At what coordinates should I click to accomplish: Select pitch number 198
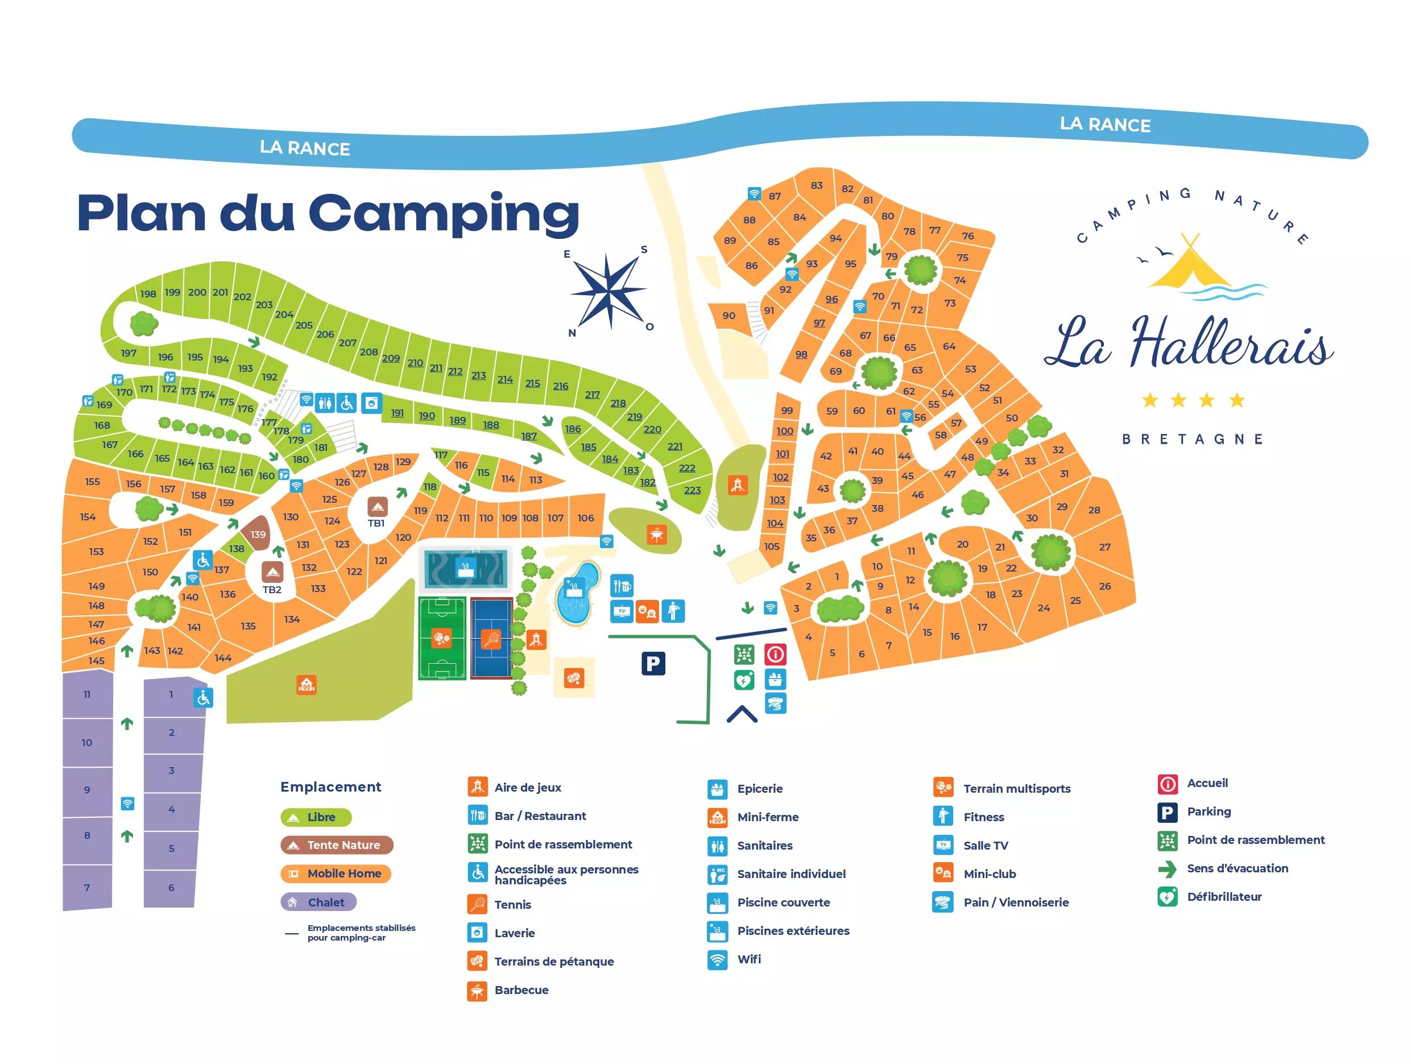tap(148, 294)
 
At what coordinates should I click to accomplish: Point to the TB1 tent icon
tap(377, 507)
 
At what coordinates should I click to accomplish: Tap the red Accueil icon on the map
tap(776, 655)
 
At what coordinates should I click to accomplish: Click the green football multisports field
tap(442, 638)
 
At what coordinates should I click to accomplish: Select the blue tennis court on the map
tap(492, 638)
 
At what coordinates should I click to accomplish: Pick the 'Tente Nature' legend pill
tap(337, 845)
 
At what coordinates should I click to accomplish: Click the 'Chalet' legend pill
tap(318, 902)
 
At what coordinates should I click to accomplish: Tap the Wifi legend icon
tap(718, 959)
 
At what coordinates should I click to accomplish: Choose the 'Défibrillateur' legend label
tap(1224, 897)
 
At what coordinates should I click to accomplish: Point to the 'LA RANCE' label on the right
tap(1105, 125)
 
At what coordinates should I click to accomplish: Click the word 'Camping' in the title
tap(444, 214)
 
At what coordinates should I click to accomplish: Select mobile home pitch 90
tap(729, 316)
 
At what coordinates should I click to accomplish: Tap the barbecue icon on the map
tap(656, 534)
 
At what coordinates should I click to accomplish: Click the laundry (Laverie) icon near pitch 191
tap(371, 403)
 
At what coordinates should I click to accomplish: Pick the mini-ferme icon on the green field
tap(307, 685)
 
